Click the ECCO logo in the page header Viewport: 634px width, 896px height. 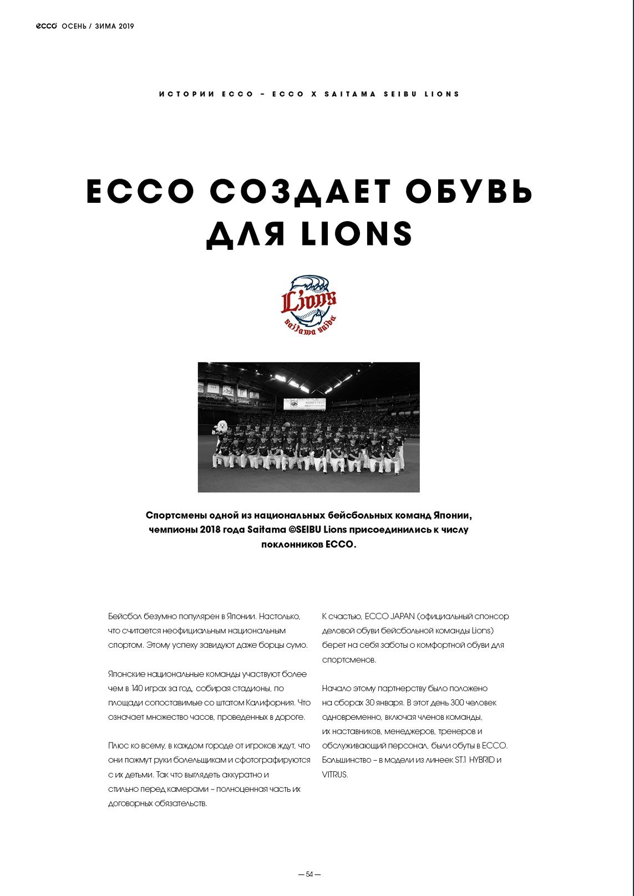pos(47,26)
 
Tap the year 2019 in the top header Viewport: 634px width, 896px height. pos(126,26)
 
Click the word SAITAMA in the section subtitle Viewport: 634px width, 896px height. pos(350,94)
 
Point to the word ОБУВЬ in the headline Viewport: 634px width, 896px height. pos(469,192)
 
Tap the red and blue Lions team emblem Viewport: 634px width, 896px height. pos(309,305)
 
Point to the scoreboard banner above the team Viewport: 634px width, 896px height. pos(304,405)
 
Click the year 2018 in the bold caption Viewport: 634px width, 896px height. pos(210,530)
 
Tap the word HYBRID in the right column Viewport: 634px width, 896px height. pos(481,760)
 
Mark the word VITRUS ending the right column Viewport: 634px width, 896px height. pos(335,775)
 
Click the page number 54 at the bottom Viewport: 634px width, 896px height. pos(310,874)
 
